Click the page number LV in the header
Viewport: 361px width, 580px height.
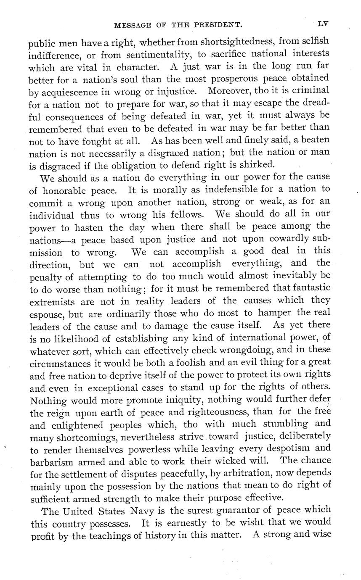click(x=323, y=24)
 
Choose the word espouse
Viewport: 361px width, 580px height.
click(x=45, y=314)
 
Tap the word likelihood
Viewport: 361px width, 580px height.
click(x=74, y=337)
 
